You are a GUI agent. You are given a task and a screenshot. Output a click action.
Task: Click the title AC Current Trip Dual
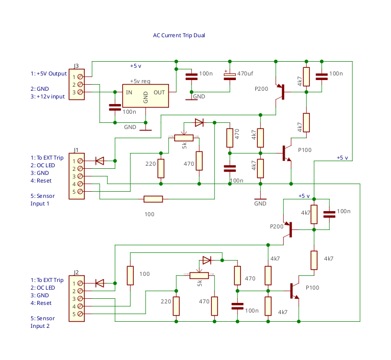coord(179,35)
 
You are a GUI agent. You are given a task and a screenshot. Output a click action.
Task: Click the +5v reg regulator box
coord(145,96)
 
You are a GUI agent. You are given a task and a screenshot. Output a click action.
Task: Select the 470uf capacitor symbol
coord(230,75)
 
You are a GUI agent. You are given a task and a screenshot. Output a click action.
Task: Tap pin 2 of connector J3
coord(80,84)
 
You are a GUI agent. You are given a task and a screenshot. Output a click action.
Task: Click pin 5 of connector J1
coord(80,191)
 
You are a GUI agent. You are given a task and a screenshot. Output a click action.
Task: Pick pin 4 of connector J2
coord(80,306)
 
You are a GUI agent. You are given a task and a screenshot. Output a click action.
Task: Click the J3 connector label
coord(77,66)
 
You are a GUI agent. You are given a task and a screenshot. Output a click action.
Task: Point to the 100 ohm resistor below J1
coord(153,199)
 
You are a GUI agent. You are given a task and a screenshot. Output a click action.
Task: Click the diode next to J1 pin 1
coord(100,161)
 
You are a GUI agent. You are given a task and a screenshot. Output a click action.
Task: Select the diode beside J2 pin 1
coord(100,283)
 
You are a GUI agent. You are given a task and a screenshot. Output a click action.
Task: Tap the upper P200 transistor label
coord(261,89)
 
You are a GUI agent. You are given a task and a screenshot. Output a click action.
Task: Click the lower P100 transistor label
coord(312,288)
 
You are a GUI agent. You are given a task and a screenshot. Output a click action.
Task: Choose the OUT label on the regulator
coord(159,92)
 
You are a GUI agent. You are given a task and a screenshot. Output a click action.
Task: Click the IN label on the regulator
coord(130,92)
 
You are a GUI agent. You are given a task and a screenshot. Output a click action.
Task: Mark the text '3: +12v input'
coord(47,96)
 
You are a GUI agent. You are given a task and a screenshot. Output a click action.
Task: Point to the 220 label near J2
coord(166,302)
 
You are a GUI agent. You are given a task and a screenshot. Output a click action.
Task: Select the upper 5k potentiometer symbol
coord(184,137)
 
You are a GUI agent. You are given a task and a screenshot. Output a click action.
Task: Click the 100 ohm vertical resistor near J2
coord(130,275)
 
